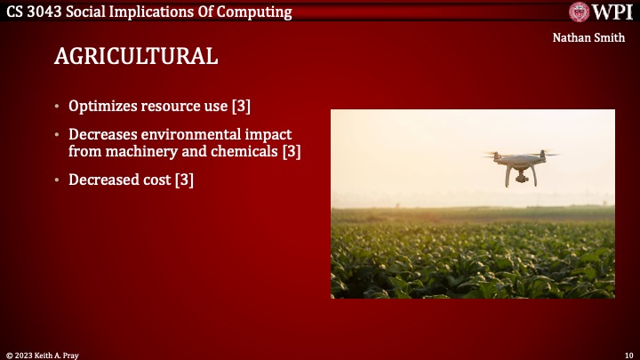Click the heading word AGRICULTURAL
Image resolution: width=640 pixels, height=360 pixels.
136,56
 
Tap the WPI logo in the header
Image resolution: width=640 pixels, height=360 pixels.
601,12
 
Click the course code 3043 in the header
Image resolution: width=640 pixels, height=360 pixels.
55,12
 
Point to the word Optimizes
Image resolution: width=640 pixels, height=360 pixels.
103,106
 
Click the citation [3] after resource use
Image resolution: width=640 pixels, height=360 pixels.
241,106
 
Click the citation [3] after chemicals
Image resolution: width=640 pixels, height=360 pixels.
292,151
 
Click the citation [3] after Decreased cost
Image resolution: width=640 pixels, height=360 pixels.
184,180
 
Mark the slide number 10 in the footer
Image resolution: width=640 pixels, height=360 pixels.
628,354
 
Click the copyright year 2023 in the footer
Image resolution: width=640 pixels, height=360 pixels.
26,354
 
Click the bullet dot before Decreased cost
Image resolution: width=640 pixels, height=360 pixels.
58,180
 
